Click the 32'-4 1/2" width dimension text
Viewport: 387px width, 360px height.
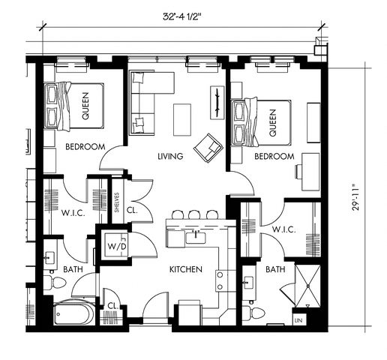(x=182, y=16)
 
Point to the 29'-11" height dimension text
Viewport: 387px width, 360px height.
(x=355, y=197)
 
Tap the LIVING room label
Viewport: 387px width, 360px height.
(x=170, y=156)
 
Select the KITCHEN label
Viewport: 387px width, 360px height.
(x=186, y=269)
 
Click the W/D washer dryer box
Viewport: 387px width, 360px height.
(x=116, y=245)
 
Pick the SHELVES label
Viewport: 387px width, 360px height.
(x=117, y=202)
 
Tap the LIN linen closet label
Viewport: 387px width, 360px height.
(x=298, y=320)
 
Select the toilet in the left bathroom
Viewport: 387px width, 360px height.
(x=55, y=283)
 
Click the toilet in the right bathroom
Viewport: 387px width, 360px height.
(x=253, y=313)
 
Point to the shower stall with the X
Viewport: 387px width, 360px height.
(x=307, y=286)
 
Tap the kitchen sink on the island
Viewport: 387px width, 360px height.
(x=196, y=237)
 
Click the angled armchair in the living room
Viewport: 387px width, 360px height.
(x=208, y=148)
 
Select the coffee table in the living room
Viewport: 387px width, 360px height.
(x=182, y=120)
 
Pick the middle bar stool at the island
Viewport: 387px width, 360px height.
(x=193, y=214)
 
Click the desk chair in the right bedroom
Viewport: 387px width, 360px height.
(x=298, y=172)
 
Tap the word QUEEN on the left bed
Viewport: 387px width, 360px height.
(x=85, y=106)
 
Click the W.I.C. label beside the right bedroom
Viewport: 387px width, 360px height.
(x=284, y=229)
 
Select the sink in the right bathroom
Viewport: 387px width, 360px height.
(x=248, y=283)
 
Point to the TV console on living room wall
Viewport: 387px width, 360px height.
(x=217, y=103)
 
